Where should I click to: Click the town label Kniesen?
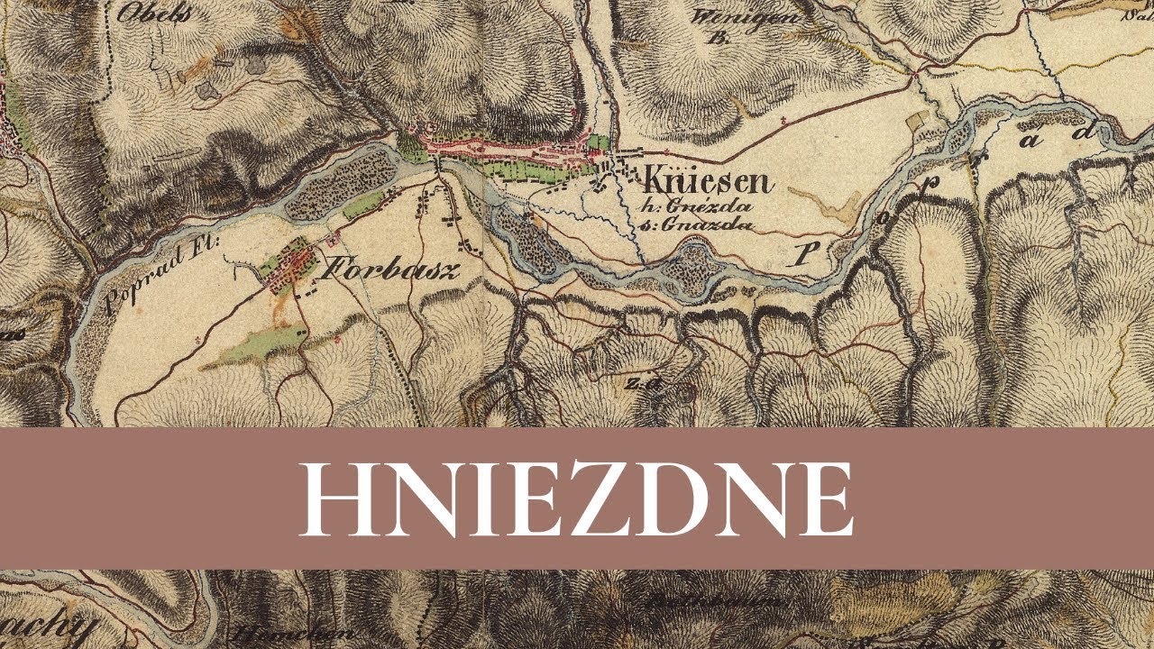click(707, 182)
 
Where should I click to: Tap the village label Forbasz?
click(391, 269)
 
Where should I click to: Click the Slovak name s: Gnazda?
click(694, 225)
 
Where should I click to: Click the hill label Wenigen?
click(733, 17)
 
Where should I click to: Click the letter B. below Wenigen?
click(720, 39)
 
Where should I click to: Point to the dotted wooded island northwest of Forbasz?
click(347, 177)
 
